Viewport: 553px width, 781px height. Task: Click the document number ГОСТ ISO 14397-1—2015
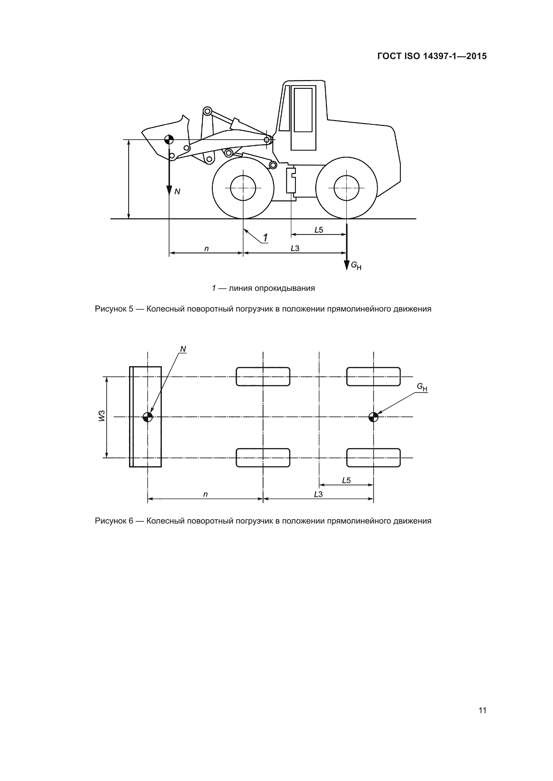click(432, 56)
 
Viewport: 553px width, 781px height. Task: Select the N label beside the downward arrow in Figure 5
click(177, 192)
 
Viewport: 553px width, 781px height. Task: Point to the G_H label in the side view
click(356, 265)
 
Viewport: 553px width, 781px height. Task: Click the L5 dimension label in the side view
click(318, 230)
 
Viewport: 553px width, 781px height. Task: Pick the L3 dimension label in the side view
click(295, 248)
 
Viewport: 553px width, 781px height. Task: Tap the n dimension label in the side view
click(206, 249)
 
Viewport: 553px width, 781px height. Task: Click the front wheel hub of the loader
click(243, 188)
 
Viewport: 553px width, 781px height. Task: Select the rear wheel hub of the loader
click(346, 188)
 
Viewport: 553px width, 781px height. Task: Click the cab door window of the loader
click(303, 110)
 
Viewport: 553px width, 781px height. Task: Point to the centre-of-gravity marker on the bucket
click(169, 140)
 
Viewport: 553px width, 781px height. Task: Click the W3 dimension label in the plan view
click(102, 416)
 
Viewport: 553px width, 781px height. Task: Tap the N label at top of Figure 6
click(183, 349)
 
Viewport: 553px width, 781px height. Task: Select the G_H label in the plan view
click(422, 387)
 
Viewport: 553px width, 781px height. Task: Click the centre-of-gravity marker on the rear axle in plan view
click(373, 417)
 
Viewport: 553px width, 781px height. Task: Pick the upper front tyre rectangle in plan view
click(263, 377)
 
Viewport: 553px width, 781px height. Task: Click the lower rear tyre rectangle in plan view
click(373, 457)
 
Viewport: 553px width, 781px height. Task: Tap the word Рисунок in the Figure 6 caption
click(111, 521)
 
